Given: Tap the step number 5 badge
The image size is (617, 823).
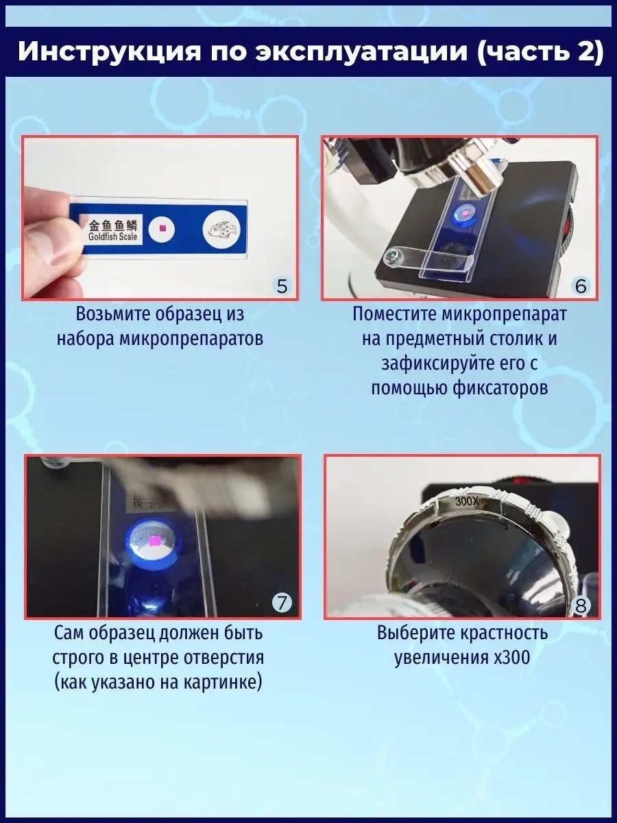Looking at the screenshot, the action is tap(282, 287).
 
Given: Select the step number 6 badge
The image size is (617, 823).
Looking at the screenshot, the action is tap(581, 287).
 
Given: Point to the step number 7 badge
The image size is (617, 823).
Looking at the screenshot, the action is tap(282, 604).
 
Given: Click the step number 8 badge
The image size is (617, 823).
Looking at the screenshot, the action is tap(581, 606).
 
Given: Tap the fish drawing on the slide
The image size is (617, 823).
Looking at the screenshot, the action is tap(221, 230).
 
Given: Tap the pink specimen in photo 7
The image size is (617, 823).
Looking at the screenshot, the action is tap(154, 540).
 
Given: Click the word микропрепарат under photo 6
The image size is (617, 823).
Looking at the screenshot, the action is tap(505, 315).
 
